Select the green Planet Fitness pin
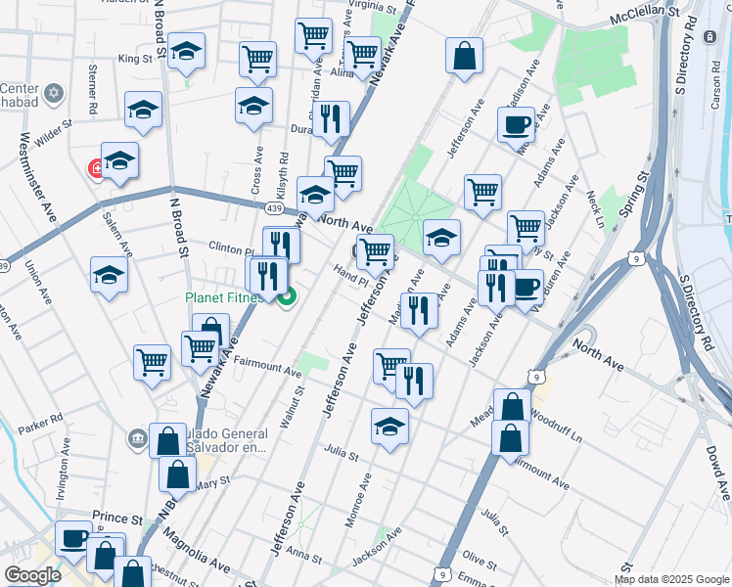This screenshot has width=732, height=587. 286,298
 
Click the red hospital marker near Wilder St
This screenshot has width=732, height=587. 97,169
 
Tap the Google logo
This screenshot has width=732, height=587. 32,575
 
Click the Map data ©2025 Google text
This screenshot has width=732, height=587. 671,579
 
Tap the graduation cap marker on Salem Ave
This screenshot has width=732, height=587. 110,275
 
